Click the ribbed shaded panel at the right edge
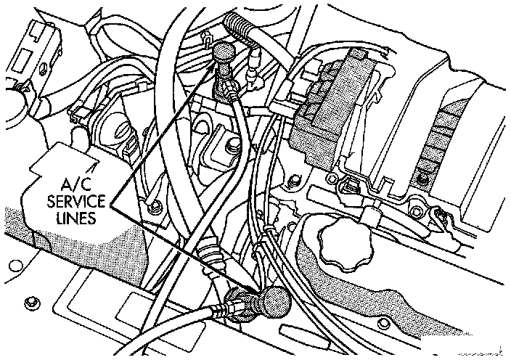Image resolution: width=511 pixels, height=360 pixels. pyautogui.click(x=443, y=138)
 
